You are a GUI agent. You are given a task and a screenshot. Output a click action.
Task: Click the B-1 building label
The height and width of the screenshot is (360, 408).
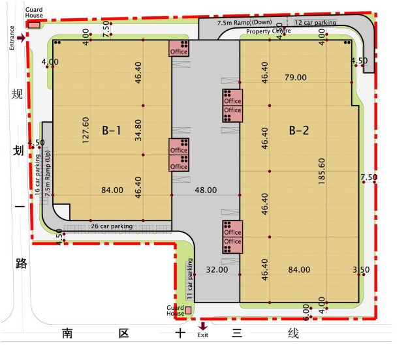[x=112, y=130]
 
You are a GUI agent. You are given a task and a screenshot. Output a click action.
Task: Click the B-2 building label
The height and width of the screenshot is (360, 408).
[x=299, y=130]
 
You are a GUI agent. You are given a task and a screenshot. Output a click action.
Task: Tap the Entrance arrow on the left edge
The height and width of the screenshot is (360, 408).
[x=22, y=38]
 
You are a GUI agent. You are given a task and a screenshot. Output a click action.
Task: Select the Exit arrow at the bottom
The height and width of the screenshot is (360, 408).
[x=203, y=326]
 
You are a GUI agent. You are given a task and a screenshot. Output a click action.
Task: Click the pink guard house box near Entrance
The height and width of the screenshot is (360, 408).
[x=34, y=25]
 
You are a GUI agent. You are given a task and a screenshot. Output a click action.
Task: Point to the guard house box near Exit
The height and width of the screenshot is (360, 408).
[x=188, y=310]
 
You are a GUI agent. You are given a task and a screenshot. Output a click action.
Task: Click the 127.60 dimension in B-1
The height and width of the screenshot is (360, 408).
[x=86, y=130]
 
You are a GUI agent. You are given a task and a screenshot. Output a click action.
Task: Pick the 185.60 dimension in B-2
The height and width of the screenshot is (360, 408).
[x=322, y=172]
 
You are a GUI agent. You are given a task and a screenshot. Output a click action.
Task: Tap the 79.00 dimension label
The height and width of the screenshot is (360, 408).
[x=296, y=77]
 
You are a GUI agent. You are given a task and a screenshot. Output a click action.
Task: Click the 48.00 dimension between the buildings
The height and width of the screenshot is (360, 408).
[x=206, y=190]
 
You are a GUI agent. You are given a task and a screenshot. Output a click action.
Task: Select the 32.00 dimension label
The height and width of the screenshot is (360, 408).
[x=217, y=269]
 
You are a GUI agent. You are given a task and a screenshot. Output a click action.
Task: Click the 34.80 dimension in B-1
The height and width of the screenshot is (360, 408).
[x=138, y=130]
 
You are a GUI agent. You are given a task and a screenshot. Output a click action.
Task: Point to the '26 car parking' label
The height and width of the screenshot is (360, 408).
[x=112, y=226]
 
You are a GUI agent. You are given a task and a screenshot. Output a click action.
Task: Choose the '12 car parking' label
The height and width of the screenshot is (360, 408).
[x=315, y=23]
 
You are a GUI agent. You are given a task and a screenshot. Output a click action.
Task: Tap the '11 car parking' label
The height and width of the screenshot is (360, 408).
[x=190, y=278]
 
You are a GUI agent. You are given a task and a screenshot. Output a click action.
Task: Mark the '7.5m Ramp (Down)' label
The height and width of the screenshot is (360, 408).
[x=245, y=22]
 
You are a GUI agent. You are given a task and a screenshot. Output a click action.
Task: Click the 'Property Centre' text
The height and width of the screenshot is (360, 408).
[x=268, y=31]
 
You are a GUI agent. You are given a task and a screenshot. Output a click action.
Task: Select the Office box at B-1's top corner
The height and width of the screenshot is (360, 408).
[x=179, y=48]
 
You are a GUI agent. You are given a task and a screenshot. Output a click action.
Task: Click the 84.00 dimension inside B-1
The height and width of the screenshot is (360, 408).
[x=112, y=190]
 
